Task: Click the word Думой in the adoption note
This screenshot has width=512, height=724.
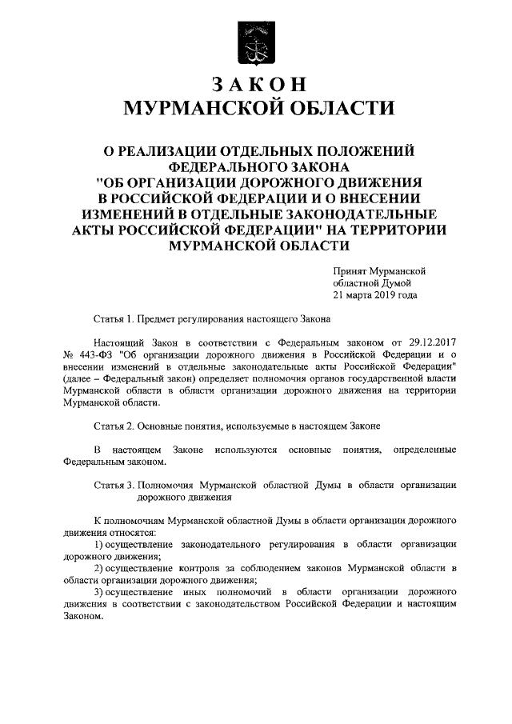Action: click(x=394, y=283)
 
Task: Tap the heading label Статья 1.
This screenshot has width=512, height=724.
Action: click(x=114, y=318)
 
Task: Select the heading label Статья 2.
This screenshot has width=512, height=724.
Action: click(x=114, y=425)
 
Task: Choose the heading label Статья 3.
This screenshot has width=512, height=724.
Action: click(x=114, y=485)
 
